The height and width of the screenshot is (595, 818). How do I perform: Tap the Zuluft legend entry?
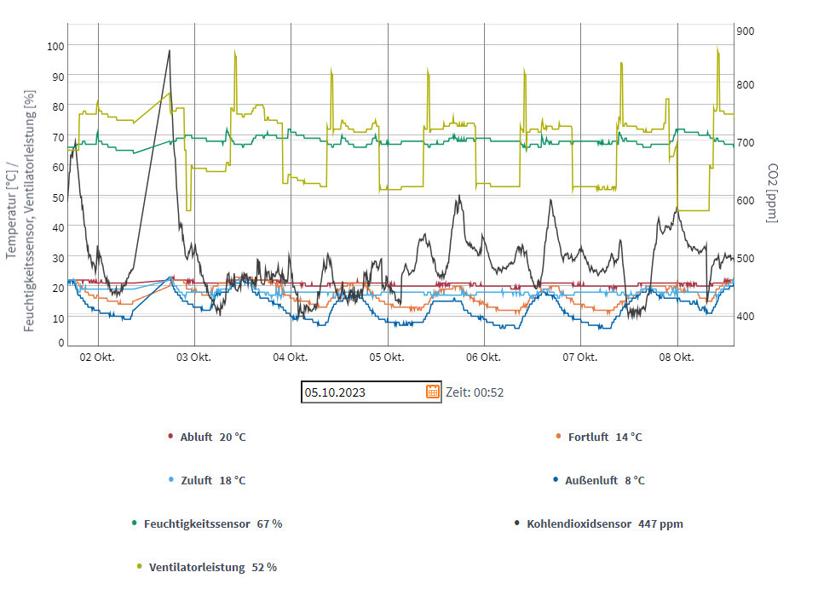(x=211, y=480)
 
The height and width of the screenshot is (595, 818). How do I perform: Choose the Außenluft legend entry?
(x=603, y=480)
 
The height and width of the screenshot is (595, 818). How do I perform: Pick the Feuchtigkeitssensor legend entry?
(x=211, y=523)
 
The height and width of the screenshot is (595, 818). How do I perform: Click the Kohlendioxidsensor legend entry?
(x=603, y=523)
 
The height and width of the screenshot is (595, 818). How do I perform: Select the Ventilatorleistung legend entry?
(x=211, y=567)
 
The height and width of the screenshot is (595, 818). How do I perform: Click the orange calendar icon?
(x=433, y=392)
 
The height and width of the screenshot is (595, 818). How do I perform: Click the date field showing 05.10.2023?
(x=361, y=392)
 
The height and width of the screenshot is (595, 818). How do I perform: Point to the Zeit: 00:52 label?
(x=475, y=392)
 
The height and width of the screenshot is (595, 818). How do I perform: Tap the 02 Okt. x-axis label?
(x=97, y=358)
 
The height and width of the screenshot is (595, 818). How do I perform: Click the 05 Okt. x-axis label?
(x=387, y=358)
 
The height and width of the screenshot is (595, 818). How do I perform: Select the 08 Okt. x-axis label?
(x=677, y=358)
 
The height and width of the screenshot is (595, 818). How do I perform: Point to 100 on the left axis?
(x=55, y=46)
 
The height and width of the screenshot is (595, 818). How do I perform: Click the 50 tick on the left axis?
(x=58, y=197)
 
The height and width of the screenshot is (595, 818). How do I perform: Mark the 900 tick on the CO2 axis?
(x=745, y=31)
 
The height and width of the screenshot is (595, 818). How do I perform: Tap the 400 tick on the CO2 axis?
(x=745, y=317)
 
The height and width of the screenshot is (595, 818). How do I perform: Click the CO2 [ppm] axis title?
(x=773, y=193)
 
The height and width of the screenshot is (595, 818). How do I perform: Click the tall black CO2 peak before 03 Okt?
(x=169, y=51)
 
